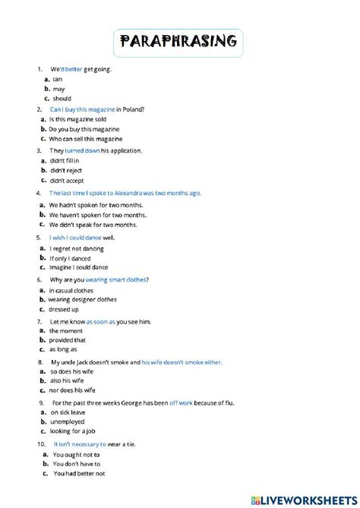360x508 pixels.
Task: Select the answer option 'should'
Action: pyautogui.click(x=62, y=98)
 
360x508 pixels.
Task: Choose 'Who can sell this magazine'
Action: pyautogui.click(x=86, y=140)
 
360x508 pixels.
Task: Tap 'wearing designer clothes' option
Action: pyautogui.click(x=87, y=299)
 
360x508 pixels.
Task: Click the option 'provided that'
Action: pyautogui.click(x=68, y=340)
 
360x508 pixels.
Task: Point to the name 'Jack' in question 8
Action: pyautogui.click(x=88, y=363)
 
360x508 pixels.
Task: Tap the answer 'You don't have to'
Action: pyautogui.click(x=77, y=463)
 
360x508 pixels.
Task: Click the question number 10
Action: pyautogui.click(x=41, y=443)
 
